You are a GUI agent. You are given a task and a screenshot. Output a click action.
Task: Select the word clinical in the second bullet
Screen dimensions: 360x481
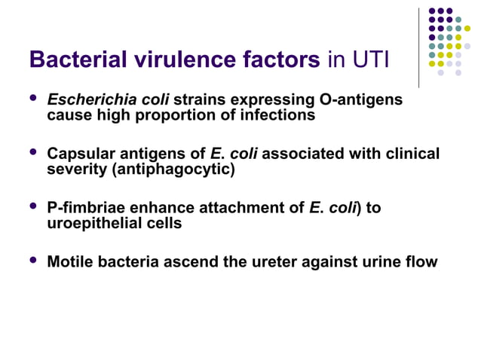coord(410,154)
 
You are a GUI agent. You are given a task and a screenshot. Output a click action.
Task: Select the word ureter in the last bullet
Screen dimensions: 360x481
coord(278,262)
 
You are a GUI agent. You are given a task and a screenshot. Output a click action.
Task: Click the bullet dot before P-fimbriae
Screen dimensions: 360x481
coord(32,206)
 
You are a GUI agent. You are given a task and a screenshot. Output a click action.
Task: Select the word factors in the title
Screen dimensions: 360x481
coord(275,59)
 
